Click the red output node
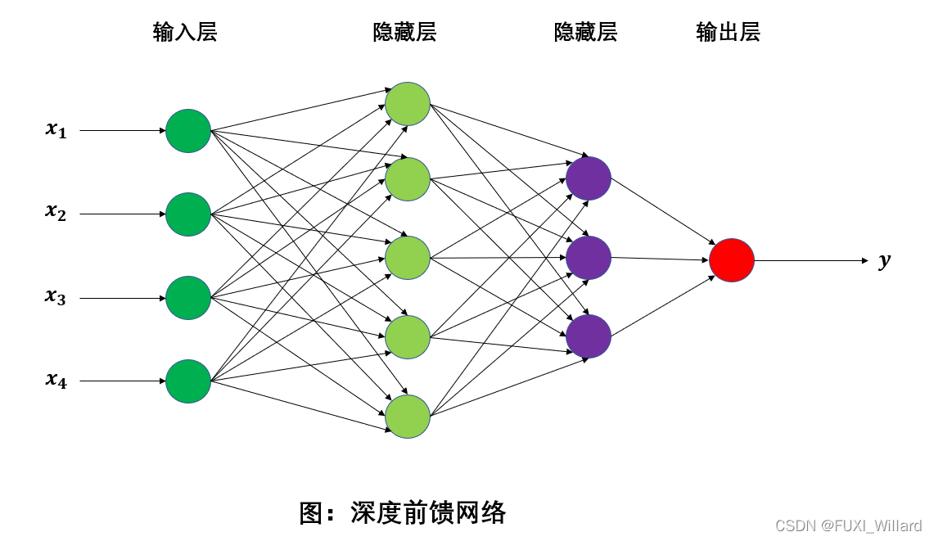(x=732, y=260)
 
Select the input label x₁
(x=56, y=130)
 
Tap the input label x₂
(x=56, y=213)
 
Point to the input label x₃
(x=56, y=297)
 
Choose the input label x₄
(x=56, y=380)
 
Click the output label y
(x=884, y=261)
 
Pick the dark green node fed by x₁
(x=188, y=131)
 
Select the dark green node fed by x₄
(x=188, y=381)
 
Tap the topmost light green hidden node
(x=408, y=104)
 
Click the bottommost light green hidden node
(x=408, y=417)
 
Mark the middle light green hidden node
(x=408, y=258)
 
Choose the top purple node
(x=589, y=178)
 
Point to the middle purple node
(x=589, y=258)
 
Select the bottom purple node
(x=589, y=336)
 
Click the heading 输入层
(x=185, y=33)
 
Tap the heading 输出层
(x=728, y=33)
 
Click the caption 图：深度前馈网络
(x=403, y=513)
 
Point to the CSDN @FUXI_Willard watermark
(x=848, y=525)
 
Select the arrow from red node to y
(x=810, y=261)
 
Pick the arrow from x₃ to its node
(x=123, y=298)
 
